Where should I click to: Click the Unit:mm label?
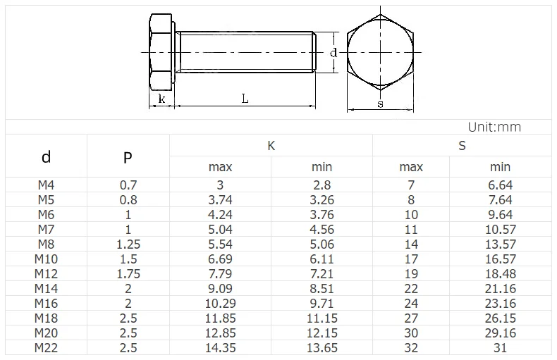tap(494, 127)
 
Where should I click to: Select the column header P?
tap(128, 157)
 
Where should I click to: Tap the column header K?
tap(271, 146)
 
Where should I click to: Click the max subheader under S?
tap(411, 167)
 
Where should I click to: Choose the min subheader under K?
tap(322, 167)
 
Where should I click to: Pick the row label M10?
tap(46, 259)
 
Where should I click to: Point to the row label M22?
tap(46, 348)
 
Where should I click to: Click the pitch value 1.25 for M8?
tap(128, 244)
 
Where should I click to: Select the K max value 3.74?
tap(220, 200)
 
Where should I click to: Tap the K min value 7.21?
tap(322, 274)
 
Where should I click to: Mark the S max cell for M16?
tap(411, 304)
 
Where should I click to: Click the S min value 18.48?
tap(500, 274)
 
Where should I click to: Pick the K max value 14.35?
tap(220, 348)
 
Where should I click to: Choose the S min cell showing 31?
tap(500, 348)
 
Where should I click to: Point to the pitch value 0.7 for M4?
tap(128, 185)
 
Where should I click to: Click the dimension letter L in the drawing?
tap(245, 99)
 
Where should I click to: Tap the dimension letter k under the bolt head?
tap(161, 99)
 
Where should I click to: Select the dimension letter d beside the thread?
tap(333, 52)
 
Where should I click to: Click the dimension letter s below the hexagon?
tap(380, 104)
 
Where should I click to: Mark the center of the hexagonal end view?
tap(380, 52)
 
